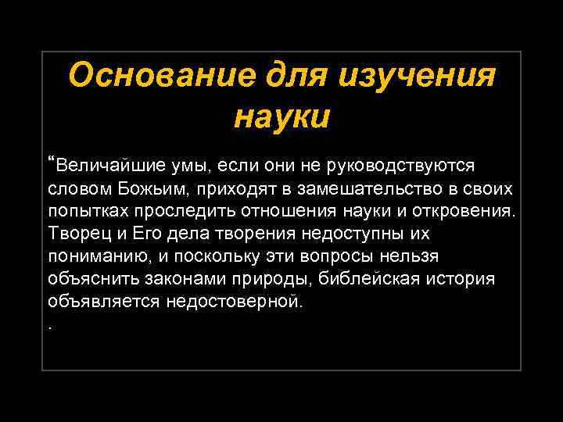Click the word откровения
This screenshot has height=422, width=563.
pos(464,212)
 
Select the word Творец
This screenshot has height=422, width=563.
pos(77,234)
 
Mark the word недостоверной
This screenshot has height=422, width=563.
pos(233,302)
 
